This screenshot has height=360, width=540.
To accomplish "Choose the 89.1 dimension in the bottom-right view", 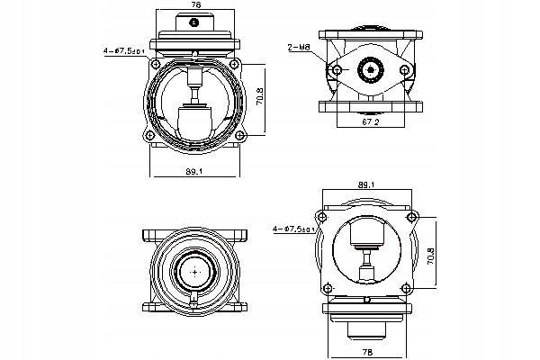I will point(367,184).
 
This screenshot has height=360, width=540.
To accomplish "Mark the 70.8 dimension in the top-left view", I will point(259,97).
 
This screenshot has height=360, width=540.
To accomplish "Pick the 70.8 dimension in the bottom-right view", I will point(431,255).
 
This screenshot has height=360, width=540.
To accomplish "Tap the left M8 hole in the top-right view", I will point(337,70).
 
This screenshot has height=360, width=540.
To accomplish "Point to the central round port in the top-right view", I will point(370,69).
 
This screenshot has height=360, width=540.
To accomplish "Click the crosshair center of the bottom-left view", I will point(196,272).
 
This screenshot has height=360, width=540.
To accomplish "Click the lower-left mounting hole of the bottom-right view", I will point(324,288).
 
